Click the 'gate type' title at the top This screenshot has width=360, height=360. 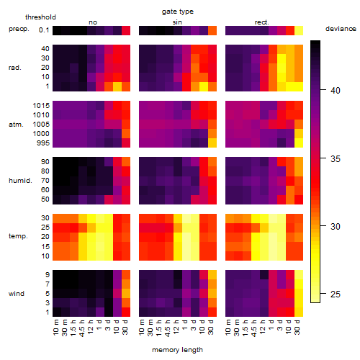click(178, 12)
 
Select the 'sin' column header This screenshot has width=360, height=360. click(177, 22)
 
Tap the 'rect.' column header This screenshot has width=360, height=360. click(261, 22)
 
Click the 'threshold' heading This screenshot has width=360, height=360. click(40, 17)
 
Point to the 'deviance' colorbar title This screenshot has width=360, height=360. click(341, 29)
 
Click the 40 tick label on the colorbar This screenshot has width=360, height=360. click(335, 91)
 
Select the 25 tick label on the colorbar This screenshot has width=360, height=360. click(335, 294)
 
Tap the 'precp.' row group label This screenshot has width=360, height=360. click(19, 29)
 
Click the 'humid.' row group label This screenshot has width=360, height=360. click(20, 181)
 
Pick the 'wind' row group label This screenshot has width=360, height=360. click(17, 294)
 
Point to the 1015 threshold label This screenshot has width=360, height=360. click(41, 106)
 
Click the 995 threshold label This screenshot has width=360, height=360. click(43, 143)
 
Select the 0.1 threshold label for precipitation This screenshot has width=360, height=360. click(44, 30)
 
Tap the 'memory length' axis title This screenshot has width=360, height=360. click(177, 350)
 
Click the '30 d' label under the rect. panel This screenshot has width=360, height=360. click(297, 328)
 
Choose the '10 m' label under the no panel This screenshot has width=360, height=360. click(56, 328)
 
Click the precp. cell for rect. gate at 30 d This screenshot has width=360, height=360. click(299, 30)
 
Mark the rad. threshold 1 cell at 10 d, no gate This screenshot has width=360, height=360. click(117, 86)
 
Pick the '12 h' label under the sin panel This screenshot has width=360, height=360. click(176, 327)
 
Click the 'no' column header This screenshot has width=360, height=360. click(93, 22)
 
